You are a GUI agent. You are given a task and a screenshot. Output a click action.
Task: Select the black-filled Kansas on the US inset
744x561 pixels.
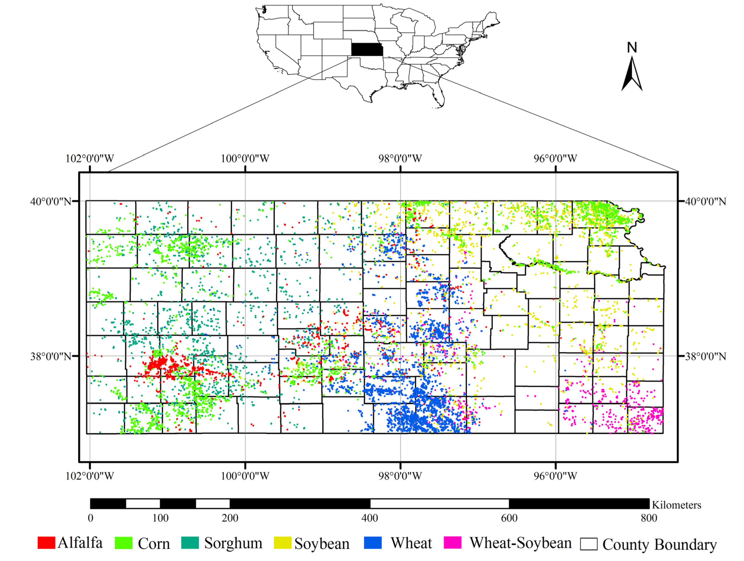pos(367,49)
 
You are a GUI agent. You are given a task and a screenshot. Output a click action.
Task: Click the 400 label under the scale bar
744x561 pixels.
pos(370,518)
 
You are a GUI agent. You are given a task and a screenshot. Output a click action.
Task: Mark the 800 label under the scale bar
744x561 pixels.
pos(649,518)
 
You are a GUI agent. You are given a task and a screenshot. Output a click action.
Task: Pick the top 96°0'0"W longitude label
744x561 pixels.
pos(555,158)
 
